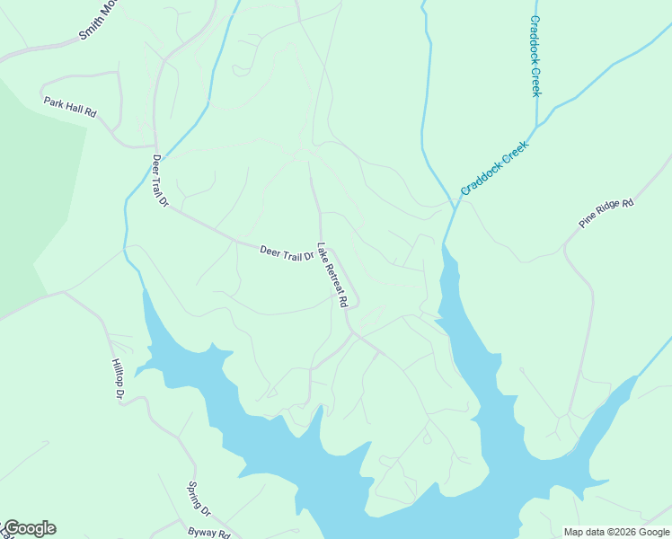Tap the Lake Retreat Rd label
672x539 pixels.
click(332, 275)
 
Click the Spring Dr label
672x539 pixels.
click(198, 499)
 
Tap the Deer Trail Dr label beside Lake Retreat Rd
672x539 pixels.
click(287, 254)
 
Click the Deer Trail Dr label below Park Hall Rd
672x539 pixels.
click(160, 181)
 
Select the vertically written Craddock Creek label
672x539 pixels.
click(535, 56)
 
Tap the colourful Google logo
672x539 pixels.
click(30, 528)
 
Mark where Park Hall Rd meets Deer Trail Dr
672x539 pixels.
click(155, 146)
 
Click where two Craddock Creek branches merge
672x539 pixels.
click(537, 126)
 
